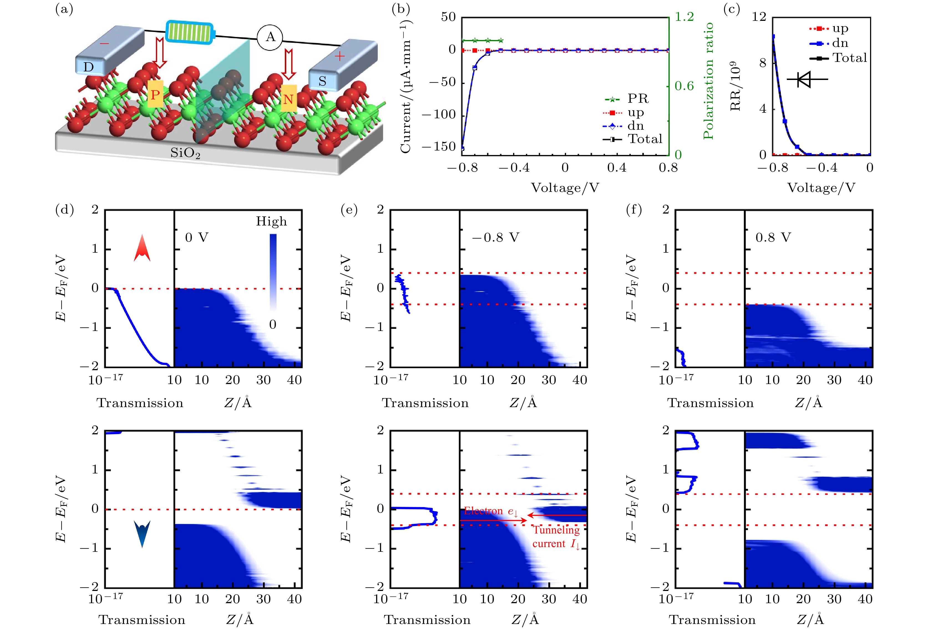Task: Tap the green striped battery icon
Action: point(189,32)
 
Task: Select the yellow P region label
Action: point(155,94)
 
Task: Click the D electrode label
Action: point(88,67)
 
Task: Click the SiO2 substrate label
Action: point(185,153)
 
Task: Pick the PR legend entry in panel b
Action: point(638,98)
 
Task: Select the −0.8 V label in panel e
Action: point(496,237)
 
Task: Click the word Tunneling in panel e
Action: point(556,530)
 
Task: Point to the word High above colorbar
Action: point(272,221)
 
